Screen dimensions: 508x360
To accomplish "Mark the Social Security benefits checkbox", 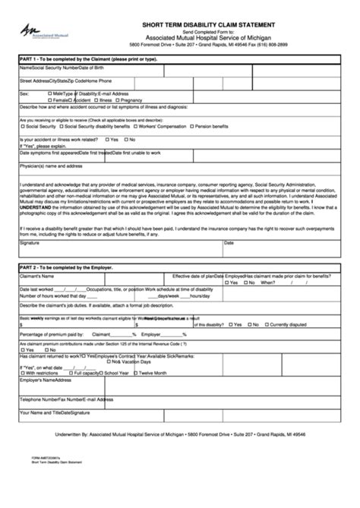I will click(21, 125).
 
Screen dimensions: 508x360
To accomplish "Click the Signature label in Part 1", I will click(30, 243).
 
